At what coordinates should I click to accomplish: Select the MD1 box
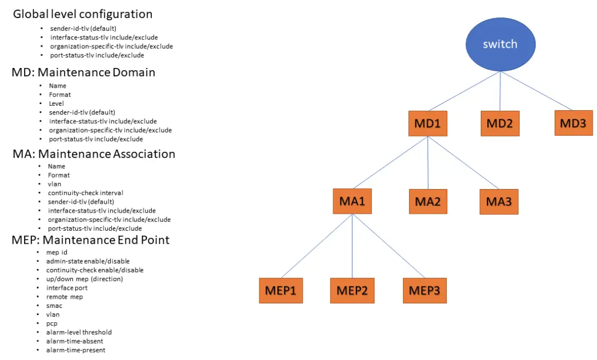pos(428,124)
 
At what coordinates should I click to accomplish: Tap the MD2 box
pos(499,124)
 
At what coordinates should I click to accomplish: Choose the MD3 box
pos(573,123)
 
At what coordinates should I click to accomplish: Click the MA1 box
pos(352,202)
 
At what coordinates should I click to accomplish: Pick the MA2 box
pos(428,202)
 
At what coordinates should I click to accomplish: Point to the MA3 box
pos(498,202)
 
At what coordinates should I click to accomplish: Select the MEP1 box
pos(280,290)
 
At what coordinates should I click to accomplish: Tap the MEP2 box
pos(351,290)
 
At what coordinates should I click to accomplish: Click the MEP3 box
pos(424,290)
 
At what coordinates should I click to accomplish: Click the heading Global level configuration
pos(83,14)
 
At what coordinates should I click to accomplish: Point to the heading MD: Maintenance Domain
pos(84,72)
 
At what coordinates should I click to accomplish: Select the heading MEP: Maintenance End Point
pos(91,240)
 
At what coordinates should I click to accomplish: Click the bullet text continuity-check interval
pos(85,193)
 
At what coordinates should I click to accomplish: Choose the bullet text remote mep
pos(64,296)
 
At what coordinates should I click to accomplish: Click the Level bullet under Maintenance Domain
pos(56,103)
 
